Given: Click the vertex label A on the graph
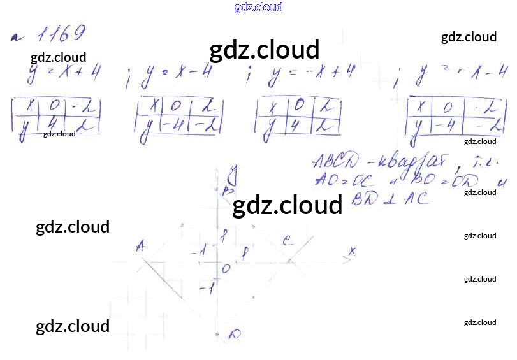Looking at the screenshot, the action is click(x=140, y=246).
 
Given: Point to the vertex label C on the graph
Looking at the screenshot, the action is click(x=288, y=240).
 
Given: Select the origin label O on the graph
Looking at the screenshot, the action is click(x=226, y=269).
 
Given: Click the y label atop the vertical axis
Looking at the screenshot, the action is click(x=234, y=171).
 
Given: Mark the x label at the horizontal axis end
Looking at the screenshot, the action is click(x=351, y=251).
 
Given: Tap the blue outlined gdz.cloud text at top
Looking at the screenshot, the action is click(x=258, y=8).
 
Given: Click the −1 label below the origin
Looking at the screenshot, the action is click(x=206, y=290).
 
